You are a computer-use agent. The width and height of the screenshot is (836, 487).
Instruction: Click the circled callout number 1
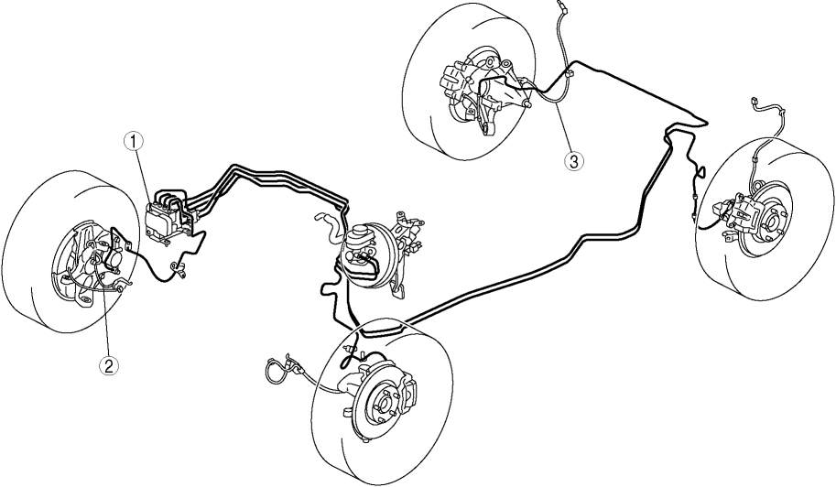[x=134, y=141]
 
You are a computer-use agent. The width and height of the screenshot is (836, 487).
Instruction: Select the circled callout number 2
[x=109, y=365]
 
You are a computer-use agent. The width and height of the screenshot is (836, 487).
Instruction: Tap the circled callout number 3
[x=574, y=161]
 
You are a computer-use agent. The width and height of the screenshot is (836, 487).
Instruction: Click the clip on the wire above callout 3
[x=569, y=73]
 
